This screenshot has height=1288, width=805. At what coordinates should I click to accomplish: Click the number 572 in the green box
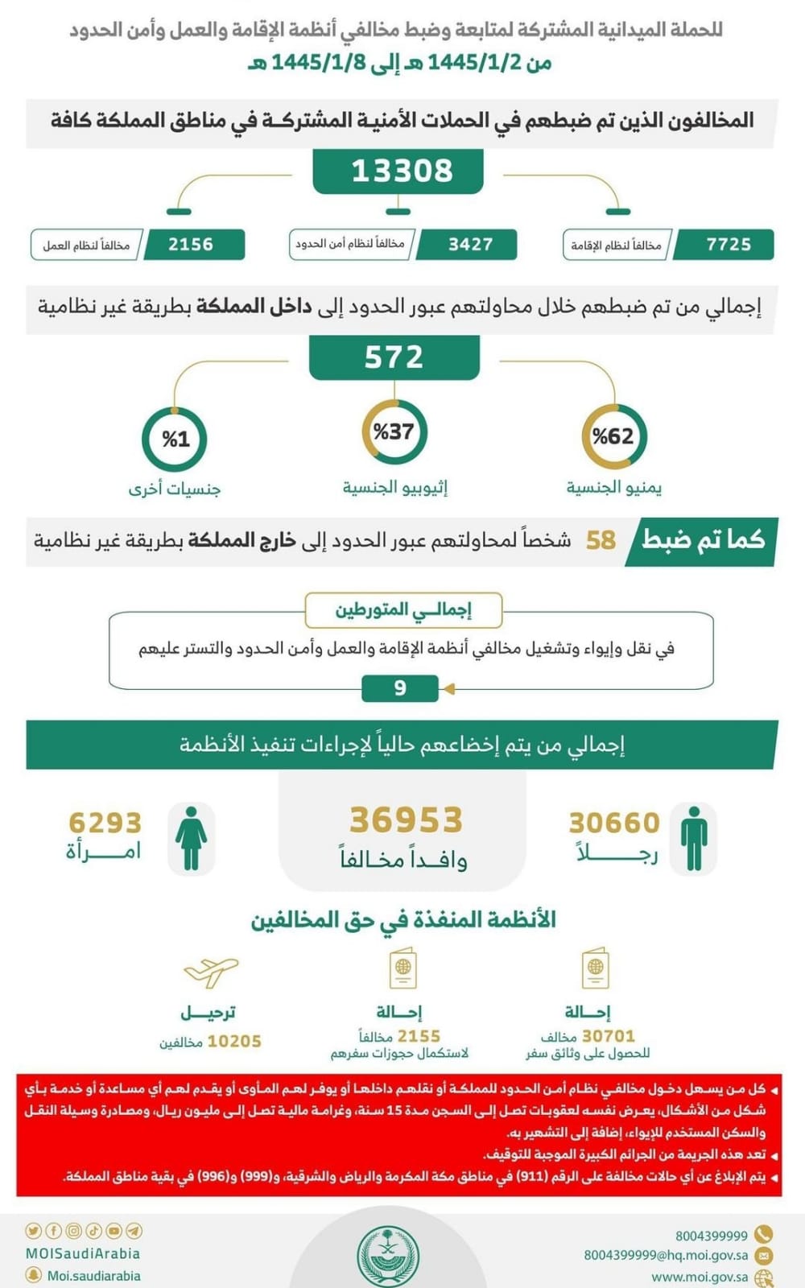pos(394,357)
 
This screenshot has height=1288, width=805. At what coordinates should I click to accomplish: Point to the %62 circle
pos(613,436)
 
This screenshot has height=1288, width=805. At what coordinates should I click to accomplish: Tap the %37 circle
pos(394,431)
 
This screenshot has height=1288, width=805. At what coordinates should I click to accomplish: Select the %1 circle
pos(175,439)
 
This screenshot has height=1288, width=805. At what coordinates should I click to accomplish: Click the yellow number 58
pos(601,540)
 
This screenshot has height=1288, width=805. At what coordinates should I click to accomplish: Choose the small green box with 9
pos(400,688)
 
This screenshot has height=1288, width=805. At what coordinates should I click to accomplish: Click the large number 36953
pos(406,820)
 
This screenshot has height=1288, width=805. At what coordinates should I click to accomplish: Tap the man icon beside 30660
pos(693,837)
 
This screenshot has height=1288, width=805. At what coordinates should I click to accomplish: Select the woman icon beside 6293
pos(191,837)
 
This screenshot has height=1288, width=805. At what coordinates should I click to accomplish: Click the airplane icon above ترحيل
pos(211,972)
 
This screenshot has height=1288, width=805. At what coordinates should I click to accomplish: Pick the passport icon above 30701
pos(595,968)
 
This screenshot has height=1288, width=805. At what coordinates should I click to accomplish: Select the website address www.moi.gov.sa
pos(699,1277)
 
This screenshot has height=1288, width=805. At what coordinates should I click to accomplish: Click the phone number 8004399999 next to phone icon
pos(711,1236)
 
